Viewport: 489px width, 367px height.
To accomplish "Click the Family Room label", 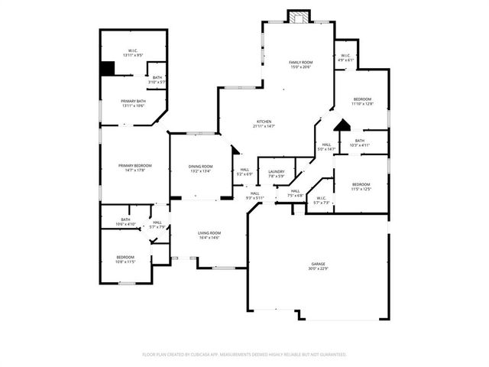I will [300, 62].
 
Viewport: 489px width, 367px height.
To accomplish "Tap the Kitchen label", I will [264, 122].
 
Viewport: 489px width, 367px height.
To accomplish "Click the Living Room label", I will [209, 232].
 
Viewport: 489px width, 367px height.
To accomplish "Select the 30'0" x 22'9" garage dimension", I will [318, 268].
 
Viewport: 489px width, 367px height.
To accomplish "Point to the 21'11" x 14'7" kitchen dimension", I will [264, 126].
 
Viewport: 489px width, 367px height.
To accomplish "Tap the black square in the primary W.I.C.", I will [108, 68].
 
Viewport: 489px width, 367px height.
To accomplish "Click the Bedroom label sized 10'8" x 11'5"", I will [125, 257].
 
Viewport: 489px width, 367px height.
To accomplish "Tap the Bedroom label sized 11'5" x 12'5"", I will [361, 184].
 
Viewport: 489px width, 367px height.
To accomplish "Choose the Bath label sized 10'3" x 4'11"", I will [359, 141].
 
